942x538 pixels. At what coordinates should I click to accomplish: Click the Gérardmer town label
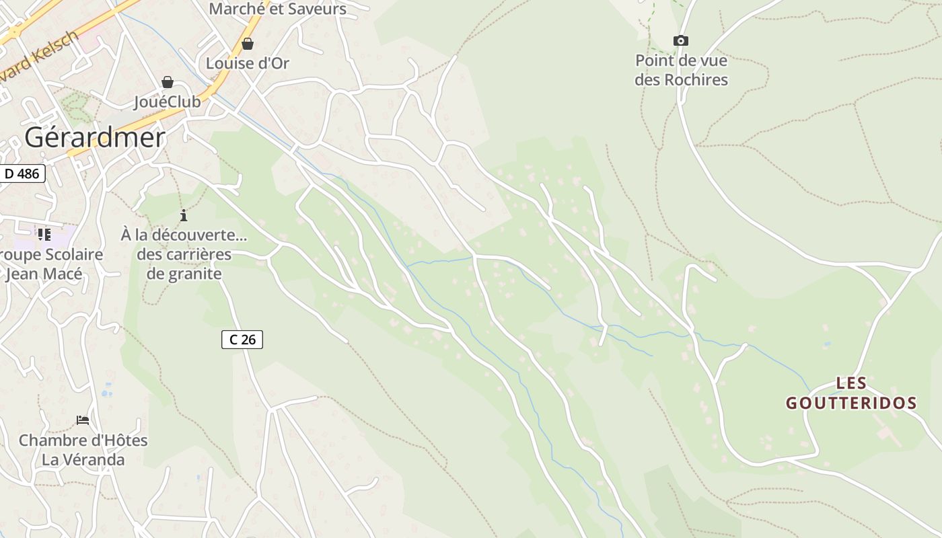point(95,137)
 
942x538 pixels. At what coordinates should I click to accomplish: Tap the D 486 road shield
point(22,174)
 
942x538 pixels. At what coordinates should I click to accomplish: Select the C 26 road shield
point(242,340)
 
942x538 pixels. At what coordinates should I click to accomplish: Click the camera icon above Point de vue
point(681,40)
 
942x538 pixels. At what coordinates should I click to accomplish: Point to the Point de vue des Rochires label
point(681,70)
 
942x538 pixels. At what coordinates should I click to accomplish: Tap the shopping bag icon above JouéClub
point(168,82)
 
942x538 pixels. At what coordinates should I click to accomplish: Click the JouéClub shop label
point(168,102)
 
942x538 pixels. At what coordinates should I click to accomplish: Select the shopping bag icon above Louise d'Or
point(248,44)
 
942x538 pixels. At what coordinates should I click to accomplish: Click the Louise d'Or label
point(248,63)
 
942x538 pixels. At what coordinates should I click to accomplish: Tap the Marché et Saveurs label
point(277,9)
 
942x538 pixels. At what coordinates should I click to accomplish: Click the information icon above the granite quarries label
point(184,215)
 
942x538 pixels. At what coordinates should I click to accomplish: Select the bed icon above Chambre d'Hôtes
point(83,420)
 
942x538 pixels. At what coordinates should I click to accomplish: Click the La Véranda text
point(83,460)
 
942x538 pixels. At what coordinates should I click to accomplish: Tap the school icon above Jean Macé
point(44,235)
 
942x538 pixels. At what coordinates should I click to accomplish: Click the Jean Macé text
point(44,274)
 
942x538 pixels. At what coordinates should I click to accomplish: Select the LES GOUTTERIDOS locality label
point(851,393)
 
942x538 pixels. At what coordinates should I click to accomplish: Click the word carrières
point(198,255)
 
